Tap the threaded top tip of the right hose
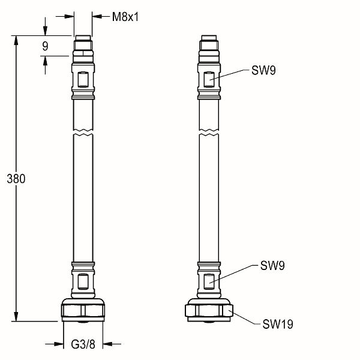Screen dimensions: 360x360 [208, 42]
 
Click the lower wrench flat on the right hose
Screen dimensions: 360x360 [208, 280]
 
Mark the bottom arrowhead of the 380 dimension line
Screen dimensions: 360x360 [16, 319]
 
